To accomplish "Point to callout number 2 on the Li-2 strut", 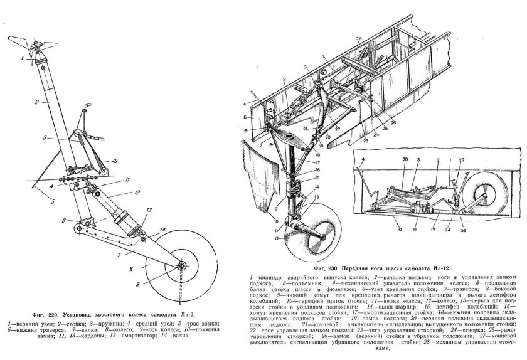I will pyautogui.click(x=37, y=101).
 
